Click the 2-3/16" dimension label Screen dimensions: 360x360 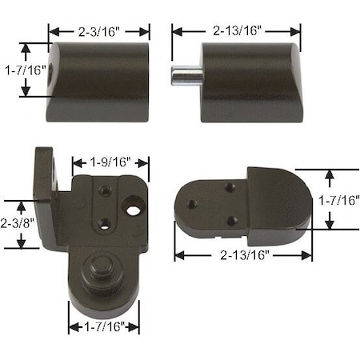[99, 31]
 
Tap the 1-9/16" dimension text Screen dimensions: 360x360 [109, 162]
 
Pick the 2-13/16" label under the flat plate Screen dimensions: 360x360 [243, 255]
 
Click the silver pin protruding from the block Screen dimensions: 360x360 [184, 78]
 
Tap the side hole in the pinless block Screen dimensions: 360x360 [54, 70]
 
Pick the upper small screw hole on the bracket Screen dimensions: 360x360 [105, 190]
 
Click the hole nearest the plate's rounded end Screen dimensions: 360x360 [192, 204]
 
